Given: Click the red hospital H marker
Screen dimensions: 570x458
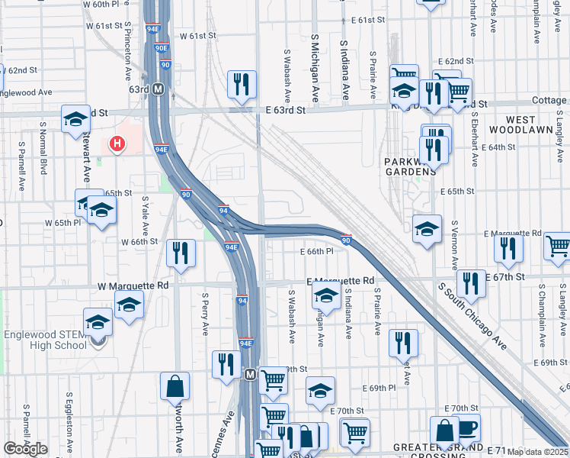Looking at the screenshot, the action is tap(117, 143).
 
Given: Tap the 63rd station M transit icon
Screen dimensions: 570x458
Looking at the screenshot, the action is tap(159, 89).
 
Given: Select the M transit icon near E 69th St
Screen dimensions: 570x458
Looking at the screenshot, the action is tap(249, 375).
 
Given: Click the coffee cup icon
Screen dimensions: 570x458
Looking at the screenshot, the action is tap(466, 429).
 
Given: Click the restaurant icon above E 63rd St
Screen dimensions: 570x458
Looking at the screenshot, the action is tap(242, 85).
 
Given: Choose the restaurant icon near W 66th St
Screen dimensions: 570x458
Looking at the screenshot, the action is tap(181, 253).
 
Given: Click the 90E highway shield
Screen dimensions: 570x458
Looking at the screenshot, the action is tap(161, 47).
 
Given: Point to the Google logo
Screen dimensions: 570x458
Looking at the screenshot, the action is tap(25, 449).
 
